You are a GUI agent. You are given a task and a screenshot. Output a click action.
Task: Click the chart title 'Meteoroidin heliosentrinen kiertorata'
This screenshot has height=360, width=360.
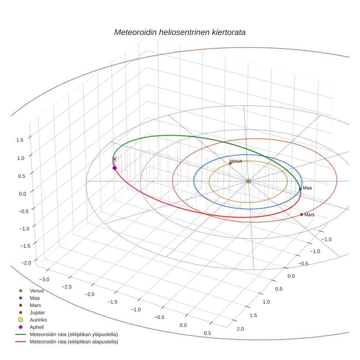click(x=180, y=32)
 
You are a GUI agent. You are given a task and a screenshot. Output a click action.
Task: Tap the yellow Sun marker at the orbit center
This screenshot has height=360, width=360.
click(x=248, y=181)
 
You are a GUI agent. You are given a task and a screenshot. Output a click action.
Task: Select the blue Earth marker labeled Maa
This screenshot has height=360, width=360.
click(x=300, y=189)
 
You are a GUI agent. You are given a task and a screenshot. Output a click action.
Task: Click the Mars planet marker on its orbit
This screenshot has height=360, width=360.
click(x=301, y=214)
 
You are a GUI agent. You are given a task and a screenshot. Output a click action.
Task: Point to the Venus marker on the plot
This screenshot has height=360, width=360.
click(x=230, y=164)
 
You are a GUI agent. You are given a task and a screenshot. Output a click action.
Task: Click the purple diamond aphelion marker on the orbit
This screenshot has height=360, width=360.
click(x=115, y=168)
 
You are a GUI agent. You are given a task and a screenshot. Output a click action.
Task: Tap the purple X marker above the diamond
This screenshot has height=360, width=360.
click(x=115, y=159)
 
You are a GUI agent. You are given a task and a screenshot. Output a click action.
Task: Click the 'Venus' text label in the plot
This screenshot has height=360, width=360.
click(x=236, y=161)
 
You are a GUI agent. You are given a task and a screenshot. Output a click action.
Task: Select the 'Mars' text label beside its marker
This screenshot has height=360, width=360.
click(x=309, y=215)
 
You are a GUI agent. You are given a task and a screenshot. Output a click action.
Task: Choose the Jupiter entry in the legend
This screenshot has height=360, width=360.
click(x=37, y=312)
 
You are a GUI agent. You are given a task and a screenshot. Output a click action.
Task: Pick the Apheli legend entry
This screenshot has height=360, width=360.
click(x=36, y=327)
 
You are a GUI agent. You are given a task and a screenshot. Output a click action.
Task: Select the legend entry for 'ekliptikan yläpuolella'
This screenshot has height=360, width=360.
click(x=74, y=334)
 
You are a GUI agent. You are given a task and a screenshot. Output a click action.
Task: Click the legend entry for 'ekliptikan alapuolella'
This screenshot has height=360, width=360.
click(x=74, y=342)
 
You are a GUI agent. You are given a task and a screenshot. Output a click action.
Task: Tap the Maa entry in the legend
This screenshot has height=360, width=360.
click(x=35, y=298)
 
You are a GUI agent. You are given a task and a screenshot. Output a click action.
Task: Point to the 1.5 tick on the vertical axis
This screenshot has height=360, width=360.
click(x=20, y=140)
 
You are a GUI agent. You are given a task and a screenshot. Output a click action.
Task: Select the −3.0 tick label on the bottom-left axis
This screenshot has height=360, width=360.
click(x=44, y=280)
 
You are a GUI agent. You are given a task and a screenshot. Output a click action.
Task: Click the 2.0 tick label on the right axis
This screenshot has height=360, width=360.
click(x=240, y=329)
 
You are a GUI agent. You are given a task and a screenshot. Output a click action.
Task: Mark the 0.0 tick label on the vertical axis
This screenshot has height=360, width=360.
click(x=23, y=194)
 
